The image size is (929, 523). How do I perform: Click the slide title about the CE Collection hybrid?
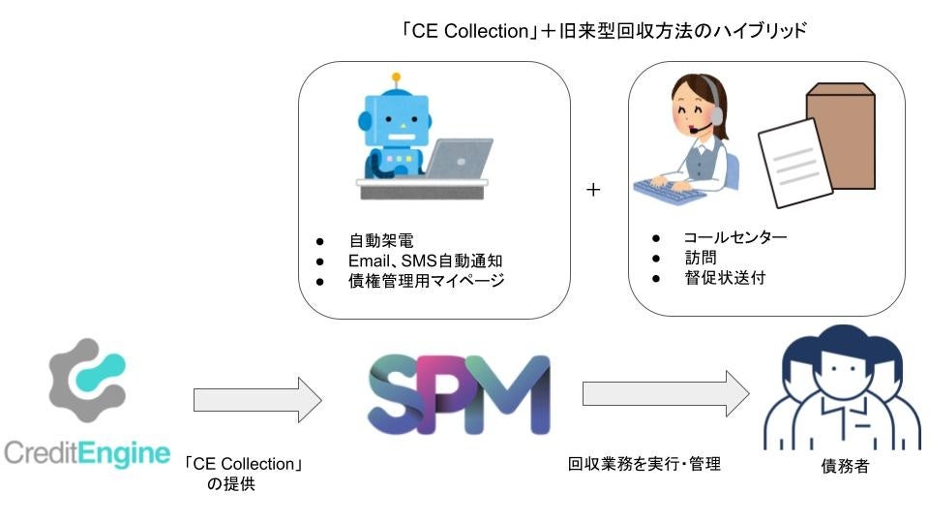pyautogui.click(x=604, y=30)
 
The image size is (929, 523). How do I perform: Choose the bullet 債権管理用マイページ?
pyautogui.click(x=427, y=281)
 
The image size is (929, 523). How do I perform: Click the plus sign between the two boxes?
pyautogui.click(x=593, y=190)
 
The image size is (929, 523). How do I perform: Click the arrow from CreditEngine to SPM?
pyautogui.click(x=257, y=400)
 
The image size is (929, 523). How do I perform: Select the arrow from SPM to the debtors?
pyautogui.click(x=665, y=394)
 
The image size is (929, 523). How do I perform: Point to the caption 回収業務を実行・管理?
pyautogui.click(x=644, y=465)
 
